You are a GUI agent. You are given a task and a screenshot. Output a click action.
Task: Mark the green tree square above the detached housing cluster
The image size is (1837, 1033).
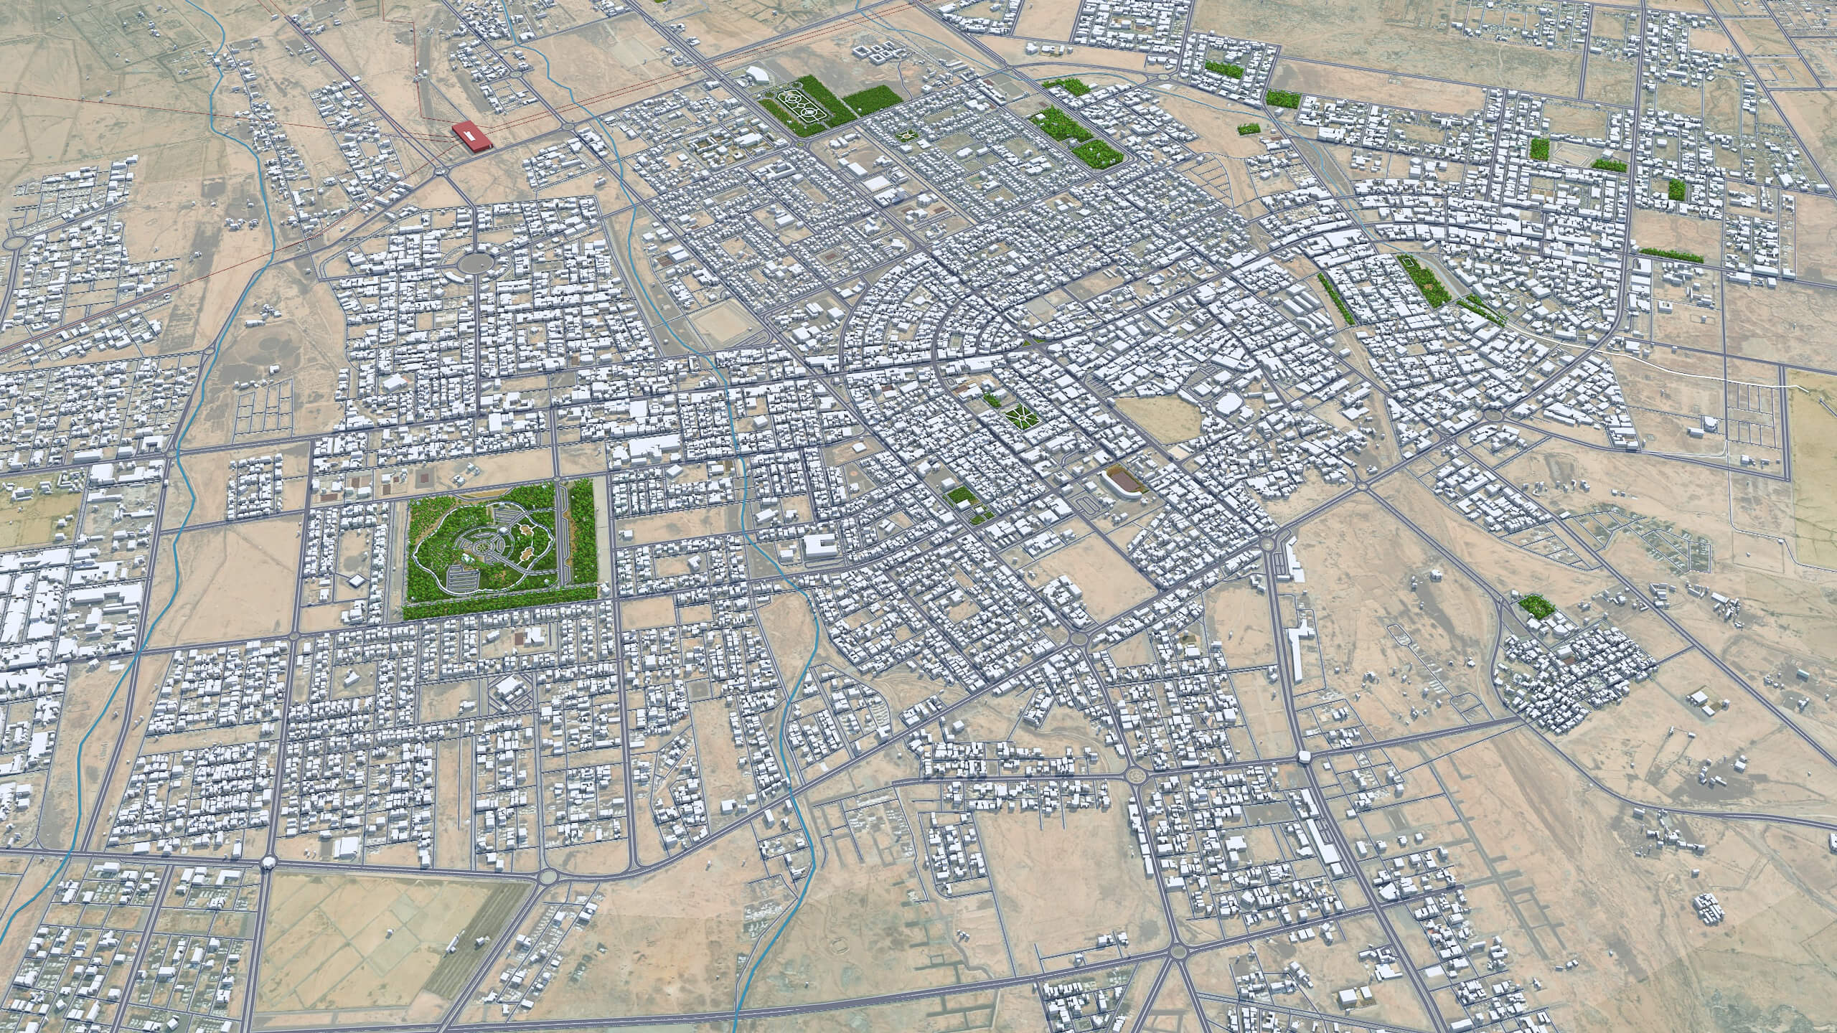1535,605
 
